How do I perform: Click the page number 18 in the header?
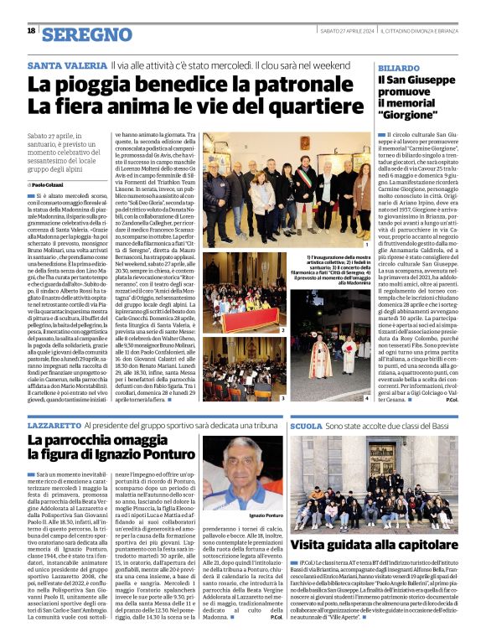(x=31, y=31)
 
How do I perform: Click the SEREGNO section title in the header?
(x=86, y=34)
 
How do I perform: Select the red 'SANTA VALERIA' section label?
(x=66, y=65)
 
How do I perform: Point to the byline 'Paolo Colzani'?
(x=54, y=184)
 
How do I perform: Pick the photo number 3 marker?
(x=283, y=397)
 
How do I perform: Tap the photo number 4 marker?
(x=365, y=397)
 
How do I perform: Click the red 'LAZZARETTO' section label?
(x=54, y=427)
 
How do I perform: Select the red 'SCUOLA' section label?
(x=306, y=427)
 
